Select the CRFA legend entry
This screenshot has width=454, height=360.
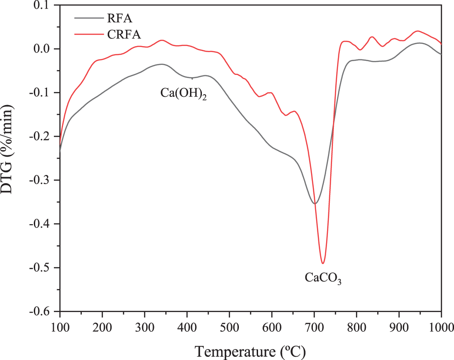(x=121, y=34)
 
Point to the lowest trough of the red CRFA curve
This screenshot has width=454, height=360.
(x=323, y=263)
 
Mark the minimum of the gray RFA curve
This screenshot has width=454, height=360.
(x=314, y=203)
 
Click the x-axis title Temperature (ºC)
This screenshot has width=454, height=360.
(x=251, y=351)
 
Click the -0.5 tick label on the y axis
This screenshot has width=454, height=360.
(x=43, y=268)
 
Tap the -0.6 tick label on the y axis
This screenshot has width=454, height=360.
(x=43, y=312)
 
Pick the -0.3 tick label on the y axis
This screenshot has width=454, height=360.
(x=43, y=180)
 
